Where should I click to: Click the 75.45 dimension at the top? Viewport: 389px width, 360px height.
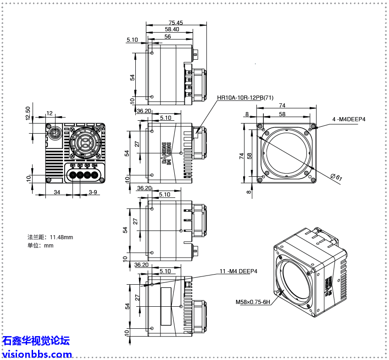pos(175,22)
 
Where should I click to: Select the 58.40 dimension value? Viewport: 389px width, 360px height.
pos(172,29)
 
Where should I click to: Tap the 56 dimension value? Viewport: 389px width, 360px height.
pos(167,36)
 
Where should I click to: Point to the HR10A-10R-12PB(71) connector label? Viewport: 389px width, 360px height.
pos(245,98)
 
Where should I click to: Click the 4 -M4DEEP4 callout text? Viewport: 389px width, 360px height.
pos(349,119)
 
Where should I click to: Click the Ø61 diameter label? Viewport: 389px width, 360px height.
pos(336,177)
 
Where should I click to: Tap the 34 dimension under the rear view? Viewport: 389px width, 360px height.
pos(57,192)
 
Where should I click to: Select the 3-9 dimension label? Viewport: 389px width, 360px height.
pos(93,192)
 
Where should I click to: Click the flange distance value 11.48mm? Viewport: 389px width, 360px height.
pos(61,237)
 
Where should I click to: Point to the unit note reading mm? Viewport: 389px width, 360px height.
pos(49,245)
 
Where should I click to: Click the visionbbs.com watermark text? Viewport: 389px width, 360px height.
pos(36,354)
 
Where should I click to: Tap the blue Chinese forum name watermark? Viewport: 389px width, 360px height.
pos(36,341)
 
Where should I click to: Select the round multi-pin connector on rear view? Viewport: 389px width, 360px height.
pos(55,134)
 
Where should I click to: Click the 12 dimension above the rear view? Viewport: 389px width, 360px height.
pos(50,113)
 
